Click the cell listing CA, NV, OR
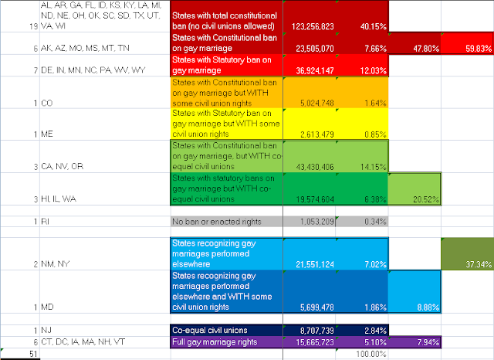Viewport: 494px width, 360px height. pos(46,165)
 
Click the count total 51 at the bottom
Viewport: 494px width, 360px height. pos(11,354)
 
